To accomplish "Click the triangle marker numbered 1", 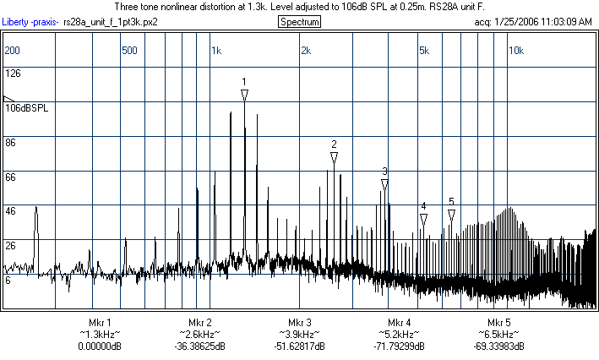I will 244,96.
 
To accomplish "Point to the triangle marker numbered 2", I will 335,157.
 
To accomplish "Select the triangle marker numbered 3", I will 384,184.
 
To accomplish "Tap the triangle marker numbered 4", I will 423,219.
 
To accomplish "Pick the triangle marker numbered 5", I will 452,215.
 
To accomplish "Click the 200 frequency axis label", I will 12,50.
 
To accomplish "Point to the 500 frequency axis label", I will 129,50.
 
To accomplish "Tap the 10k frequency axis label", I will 515,50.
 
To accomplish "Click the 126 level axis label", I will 13,74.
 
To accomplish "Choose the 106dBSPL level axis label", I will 26,108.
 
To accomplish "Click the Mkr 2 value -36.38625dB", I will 200,346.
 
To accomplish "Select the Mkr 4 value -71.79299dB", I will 400,346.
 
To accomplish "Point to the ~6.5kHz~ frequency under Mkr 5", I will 499,335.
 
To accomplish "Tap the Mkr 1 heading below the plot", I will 100,323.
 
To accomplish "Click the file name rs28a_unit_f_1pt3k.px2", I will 111,21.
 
